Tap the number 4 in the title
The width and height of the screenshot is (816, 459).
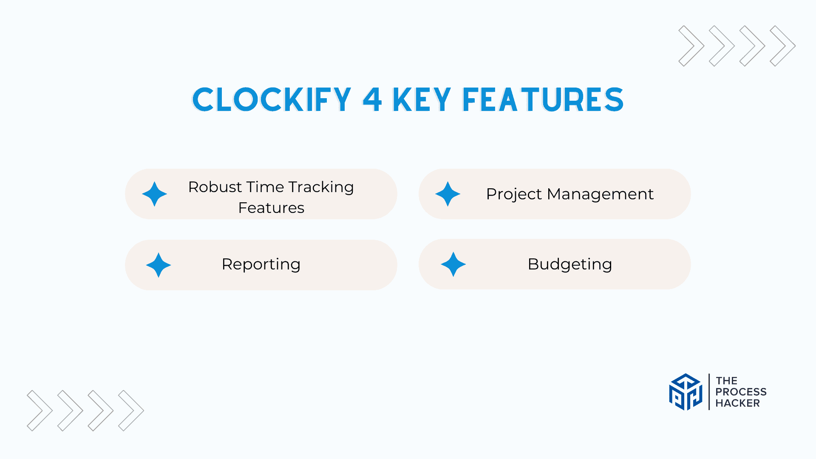(372, 100)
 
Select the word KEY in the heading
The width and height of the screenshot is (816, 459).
(422, 100)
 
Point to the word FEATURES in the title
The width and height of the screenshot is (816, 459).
(543, 100)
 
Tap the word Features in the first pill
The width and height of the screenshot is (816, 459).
(271, 208)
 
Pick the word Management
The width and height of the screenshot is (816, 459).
(601, 194)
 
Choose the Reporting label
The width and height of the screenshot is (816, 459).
(261, 264)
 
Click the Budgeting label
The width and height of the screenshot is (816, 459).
(570, 264)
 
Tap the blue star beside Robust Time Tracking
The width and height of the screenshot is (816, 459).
(154, 194)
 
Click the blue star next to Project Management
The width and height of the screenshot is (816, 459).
(448, 194)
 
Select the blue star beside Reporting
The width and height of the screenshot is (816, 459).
(158, 265)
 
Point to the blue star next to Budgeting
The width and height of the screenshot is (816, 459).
(453, 264)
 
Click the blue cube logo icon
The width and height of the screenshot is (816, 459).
(686, 392)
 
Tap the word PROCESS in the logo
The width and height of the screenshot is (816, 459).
(741, 392)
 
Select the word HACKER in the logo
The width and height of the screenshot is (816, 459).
(738, 403)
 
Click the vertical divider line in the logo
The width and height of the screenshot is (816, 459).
(709, 392)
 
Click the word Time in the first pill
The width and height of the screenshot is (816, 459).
(265, 187)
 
